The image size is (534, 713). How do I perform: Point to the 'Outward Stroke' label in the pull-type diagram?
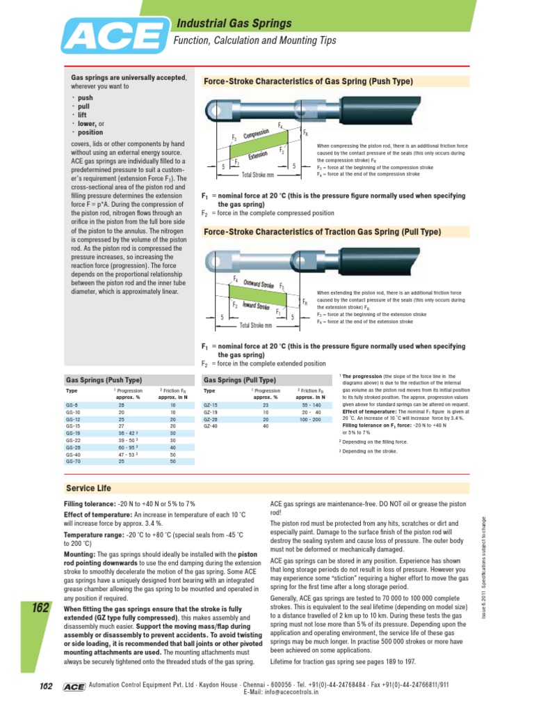(258, 285)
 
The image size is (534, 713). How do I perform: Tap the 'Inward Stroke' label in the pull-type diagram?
(255, 306)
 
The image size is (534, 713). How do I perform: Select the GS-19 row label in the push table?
(73, 433)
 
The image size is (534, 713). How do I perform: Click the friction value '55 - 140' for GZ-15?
(311, 405)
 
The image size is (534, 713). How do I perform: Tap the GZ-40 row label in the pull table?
(210, 426)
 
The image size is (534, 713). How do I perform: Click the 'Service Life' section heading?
(88, 488)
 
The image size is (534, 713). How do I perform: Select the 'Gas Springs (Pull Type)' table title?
(239, 380)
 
